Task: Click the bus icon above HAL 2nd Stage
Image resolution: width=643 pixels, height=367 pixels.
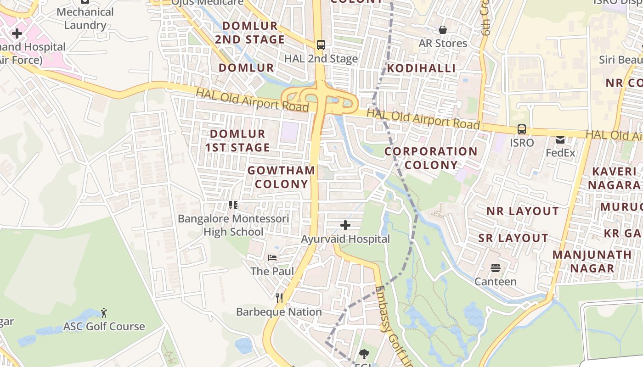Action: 321,45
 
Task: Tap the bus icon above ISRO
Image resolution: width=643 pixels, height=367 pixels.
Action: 522,129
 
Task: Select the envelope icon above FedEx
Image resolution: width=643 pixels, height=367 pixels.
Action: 560,139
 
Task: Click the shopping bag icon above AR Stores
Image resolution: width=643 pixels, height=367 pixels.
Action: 443,30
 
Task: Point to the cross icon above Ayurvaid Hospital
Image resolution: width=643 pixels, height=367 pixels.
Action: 345,225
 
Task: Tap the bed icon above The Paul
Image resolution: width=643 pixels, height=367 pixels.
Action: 272,258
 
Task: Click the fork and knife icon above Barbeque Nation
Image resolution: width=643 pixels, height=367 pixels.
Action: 279,298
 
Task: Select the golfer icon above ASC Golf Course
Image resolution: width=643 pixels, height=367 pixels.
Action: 104,313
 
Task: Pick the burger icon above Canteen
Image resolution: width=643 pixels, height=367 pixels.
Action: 495,267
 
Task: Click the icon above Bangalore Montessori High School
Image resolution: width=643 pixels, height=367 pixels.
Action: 233,205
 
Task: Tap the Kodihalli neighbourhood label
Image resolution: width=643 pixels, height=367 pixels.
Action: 421,68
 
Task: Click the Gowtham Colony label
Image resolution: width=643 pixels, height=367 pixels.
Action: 282,177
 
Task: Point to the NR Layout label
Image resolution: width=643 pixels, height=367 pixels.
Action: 523,211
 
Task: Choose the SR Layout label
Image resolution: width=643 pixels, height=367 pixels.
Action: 513,238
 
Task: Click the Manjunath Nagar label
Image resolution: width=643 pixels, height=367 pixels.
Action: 592,261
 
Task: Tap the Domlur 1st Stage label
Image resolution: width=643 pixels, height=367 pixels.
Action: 237,140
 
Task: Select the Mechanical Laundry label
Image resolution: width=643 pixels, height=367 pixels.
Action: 85,18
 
